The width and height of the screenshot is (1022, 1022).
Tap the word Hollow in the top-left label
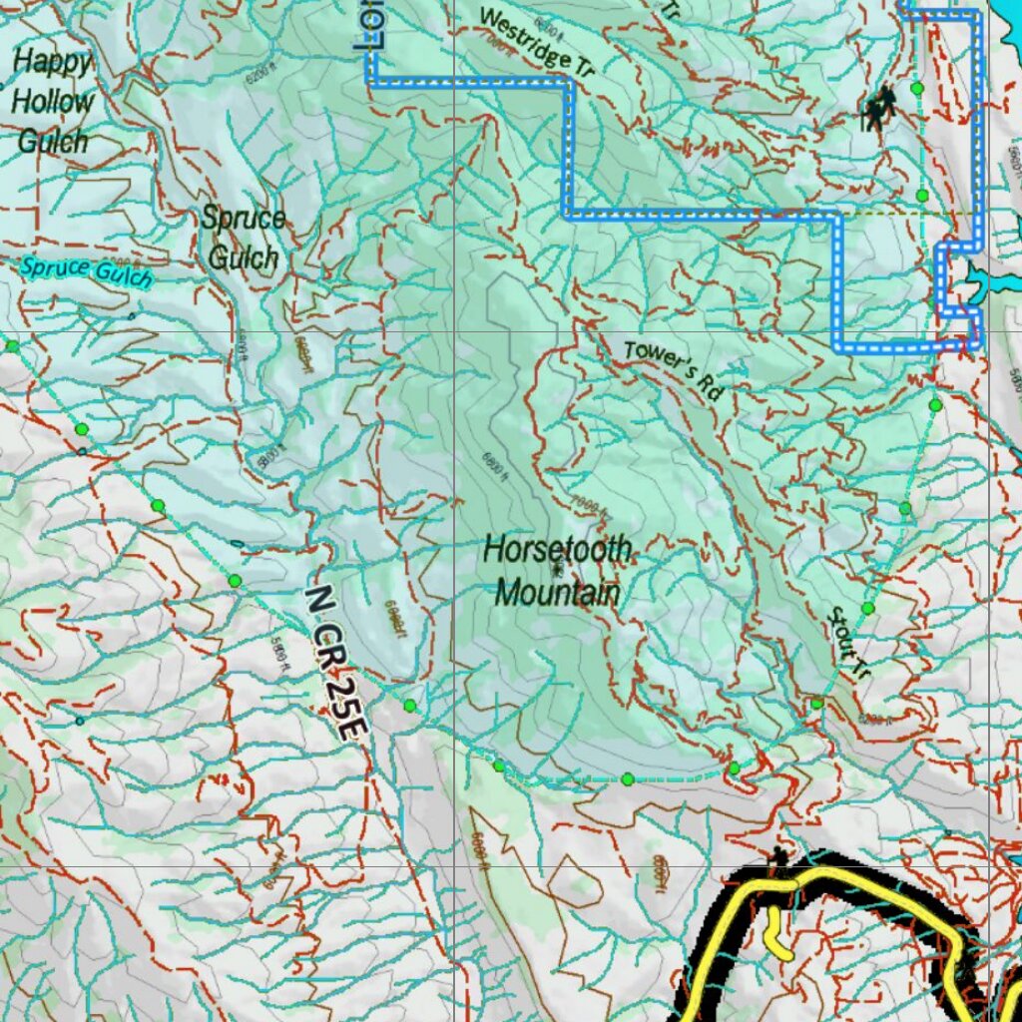click(x=52, y=101)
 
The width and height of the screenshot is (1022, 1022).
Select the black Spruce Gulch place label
click(x=243, y=238)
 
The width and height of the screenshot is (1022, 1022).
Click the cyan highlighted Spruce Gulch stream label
click(x=86, y=270)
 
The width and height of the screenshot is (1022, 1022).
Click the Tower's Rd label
click(x=673, y=370)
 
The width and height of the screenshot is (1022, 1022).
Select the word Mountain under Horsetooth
click(x=557, y=594)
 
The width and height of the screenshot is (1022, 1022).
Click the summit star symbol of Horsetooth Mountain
click(x=556, y=570)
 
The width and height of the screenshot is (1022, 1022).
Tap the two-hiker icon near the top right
click(x=879, y=108)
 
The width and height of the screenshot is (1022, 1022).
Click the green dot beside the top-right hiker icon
click(x=917, y=90)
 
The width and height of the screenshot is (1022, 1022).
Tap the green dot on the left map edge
click(x=12, y=346)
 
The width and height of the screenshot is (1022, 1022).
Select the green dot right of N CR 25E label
click(x=409, y=706)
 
